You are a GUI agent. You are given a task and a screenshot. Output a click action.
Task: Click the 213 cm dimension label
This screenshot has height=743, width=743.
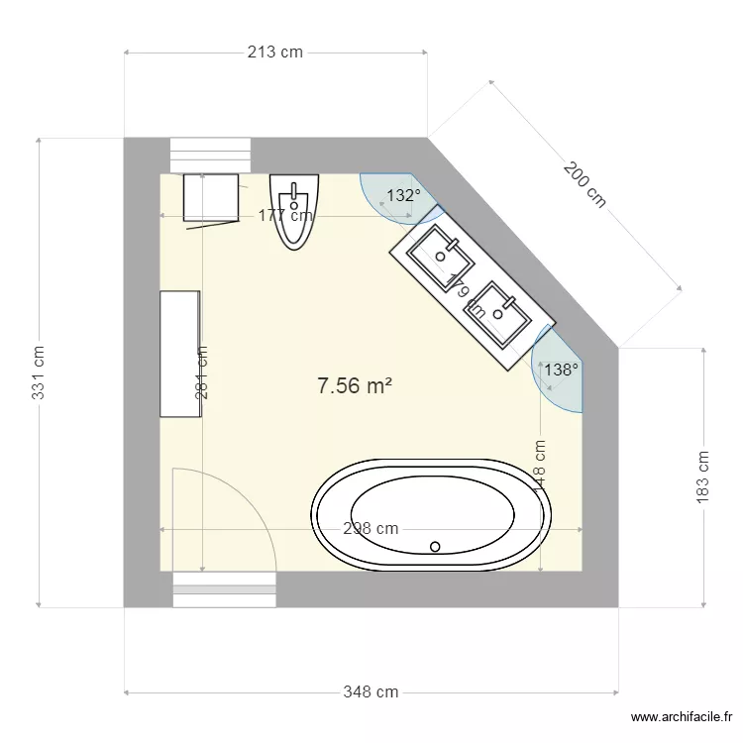275,53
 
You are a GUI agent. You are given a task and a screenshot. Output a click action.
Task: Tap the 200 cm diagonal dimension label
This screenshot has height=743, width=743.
584,185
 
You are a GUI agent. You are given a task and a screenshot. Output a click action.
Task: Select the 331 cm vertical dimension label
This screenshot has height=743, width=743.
38,372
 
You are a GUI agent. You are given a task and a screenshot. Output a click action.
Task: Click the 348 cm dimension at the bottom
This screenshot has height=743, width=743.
371,691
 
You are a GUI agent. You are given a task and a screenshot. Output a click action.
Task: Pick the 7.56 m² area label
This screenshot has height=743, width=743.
354,386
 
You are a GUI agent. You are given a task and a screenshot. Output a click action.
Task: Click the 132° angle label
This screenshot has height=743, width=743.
403,196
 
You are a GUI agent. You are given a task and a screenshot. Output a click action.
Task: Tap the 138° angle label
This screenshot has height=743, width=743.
561,370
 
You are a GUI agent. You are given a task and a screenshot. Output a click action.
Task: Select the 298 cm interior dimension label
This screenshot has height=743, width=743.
371,528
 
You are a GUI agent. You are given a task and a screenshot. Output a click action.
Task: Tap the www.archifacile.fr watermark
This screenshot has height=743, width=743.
683,718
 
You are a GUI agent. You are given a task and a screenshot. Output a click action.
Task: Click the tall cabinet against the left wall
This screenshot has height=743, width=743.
180,354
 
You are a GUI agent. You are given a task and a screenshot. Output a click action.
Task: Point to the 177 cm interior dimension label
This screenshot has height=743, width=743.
285,215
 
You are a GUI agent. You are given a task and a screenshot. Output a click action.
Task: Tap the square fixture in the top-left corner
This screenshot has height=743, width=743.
210,198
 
